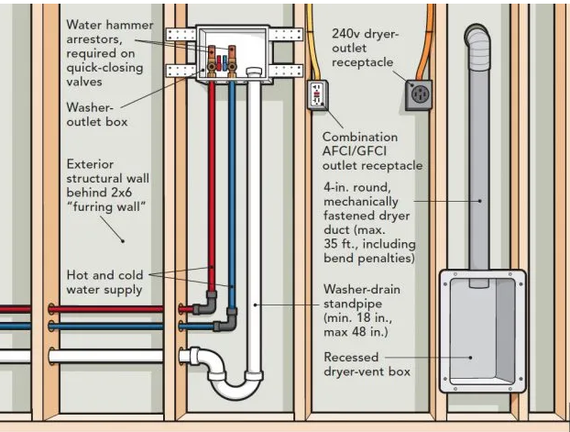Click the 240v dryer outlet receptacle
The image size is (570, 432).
419,95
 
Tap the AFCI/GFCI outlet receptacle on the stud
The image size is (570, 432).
318,95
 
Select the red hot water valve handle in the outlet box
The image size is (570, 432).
219,63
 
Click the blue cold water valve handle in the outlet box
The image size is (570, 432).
225,63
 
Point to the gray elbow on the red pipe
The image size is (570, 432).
206,304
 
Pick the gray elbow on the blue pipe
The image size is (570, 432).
227,320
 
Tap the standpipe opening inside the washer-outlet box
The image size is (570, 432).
254,72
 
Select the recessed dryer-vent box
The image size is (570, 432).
482,331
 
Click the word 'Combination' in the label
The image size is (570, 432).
360,138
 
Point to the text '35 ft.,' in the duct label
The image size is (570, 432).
341,244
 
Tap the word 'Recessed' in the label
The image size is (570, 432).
351,357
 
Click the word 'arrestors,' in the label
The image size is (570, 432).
94,39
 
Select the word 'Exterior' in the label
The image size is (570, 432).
90,164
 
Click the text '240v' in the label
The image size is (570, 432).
345,34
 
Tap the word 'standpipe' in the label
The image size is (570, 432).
353,304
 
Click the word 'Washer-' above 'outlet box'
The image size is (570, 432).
90,107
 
